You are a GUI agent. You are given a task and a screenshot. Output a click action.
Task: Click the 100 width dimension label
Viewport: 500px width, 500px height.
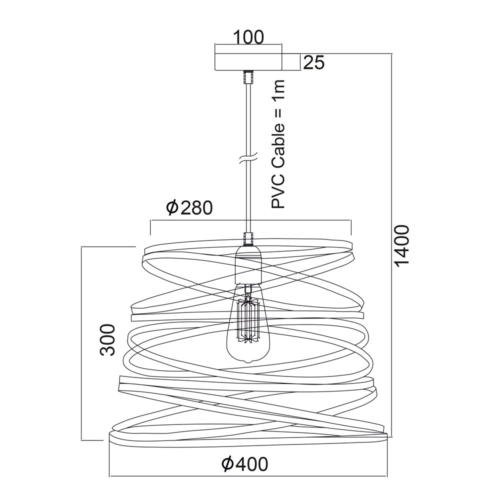[248, 37]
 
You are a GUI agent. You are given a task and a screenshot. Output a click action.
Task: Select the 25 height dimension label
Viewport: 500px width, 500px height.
[314, 62]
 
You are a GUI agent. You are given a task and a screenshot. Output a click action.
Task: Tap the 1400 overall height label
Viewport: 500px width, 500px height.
[401, 245]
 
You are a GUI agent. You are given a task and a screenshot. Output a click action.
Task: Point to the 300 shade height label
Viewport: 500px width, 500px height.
[107, 340]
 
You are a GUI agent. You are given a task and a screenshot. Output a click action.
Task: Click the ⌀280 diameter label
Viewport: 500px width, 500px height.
[189, 208]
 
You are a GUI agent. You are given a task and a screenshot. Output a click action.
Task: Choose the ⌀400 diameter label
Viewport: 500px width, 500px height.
[245, 464]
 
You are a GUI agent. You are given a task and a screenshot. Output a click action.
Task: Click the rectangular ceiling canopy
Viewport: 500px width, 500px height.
[248, 61]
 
